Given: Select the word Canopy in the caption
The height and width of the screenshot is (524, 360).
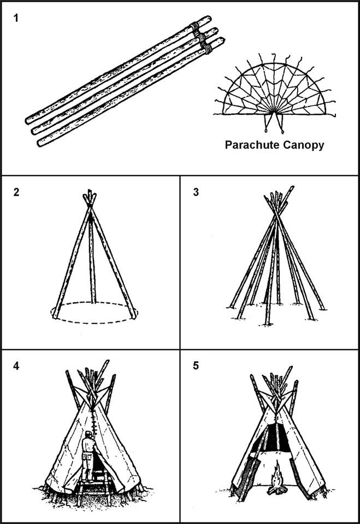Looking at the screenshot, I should (x=306, y=145).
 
